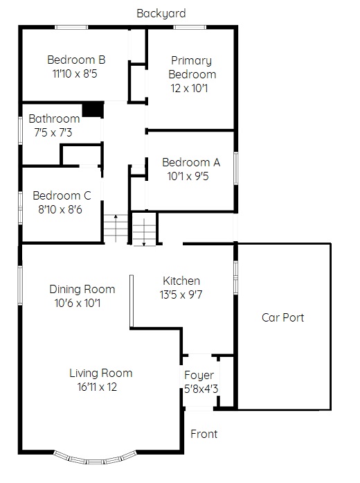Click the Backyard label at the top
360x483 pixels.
(x=161, y=14)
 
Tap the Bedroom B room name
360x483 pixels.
(x=76, y=60)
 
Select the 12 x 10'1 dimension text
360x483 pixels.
(x=189, y=89)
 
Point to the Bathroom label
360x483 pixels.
(x=54, y=118)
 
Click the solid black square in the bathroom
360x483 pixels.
(x=93, y=109)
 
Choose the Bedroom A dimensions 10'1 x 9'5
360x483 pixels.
(x=188, y=176)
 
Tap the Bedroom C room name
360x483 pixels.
(x=62, y=195)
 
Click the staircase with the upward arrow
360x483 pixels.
(x=116, y=229)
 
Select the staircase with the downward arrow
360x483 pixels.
(x=144, y=231)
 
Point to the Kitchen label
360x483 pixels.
(x=181, y=281)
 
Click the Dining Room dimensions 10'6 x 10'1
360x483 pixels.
(x=78, y=303)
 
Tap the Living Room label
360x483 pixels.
(x=101, y=373)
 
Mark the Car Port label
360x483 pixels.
(x=282, y=317)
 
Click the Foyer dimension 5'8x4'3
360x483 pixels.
(x=201, y=389)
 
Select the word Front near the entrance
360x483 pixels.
(x=204, y=434)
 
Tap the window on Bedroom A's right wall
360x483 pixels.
(x=236, y=168)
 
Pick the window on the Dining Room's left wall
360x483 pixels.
(x=20, y=286)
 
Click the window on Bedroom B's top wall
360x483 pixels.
(x=71, y=28)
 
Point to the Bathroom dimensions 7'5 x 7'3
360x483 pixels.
(x=53, y=133)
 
